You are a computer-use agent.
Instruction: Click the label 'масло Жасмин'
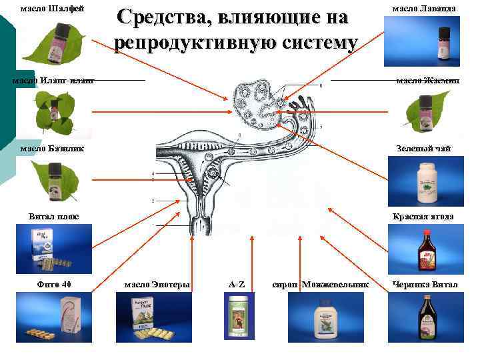click(x=427, y=81)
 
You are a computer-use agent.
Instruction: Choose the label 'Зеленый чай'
click(x=423, y=149)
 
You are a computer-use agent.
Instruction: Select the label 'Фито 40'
click(x=54, y=285)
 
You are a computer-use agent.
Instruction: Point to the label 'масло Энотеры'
click(x=157, y=285)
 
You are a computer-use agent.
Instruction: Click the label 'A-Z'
click(x=237, y=285)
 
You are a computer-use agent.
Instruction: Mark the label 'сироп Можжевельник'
click(x=321, y=285)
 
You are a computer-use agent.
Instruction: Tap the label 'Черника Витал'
click(x=425, y=285)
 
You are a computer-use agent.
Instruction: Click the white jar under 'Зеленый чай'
click(x=426, y=182)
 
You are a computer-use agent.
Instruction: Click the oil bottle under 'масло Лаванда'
click(x=441, y=44)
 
